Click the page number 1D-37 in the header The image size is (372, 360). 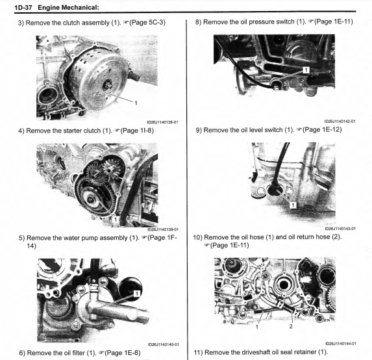23,8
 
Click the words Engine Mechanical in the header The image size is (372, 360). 68,8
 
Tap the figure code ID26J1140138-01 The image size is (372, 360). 162,122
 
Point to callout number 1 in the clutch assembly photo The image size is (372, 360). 136,103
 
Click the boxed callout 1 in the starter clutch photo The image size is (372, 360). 116,219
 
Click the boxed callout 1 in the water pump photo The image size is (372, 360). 137,294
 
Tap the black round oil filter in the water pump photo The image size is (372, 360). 130,289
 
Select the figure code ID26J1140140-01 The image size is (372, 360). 163,344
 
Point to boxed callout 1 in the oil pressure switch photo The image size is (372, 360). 306,70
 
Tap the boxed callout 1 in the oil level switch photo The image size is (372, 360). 293,205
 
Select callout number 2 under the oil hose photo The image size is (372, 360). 291,326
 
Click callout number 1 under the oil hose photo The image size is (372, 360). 256,327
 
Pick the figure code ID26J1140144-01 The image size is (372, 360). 340,343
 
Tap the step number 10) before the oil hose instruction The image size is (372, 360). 197,237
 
